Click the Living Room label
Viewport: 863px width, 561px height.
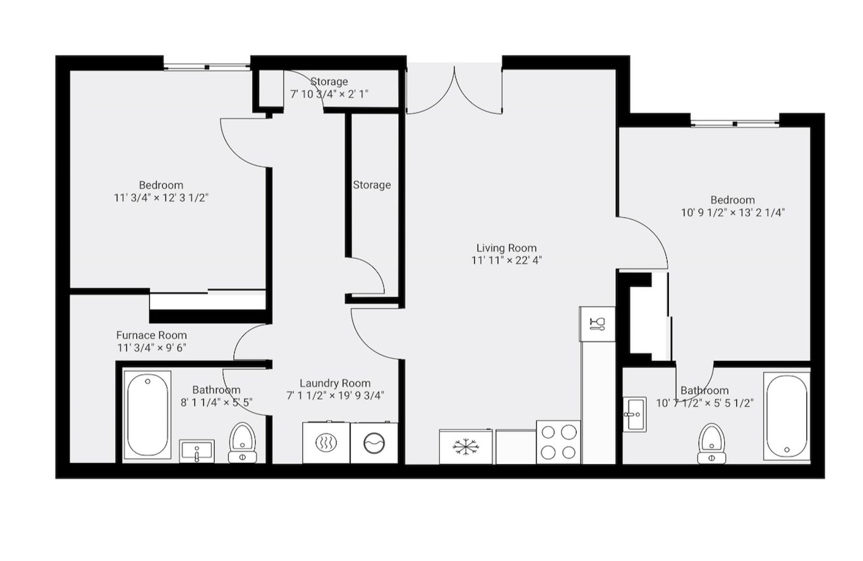tap(506, 248)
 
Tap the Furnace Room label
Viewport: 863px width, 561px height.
tap(151, 335)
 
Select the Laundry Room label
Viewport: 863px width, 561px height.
tap(335, 383)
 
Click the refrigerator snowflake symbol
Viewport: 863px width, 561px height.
tap(464, 447)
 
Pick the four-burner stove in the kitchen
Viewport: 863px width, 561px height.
tap(558, 442)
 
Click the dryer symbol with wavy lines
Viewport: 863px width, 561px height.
tap(327, 443)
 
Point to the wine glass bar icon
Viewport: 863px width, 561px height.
tap(597, 324)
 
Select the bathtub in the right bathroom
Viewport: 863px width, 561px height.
tap(787, 416)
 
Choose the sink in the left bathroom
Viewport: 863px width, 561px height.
tap(197, 451)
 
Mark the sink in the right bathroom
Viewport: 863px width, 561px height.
tap(634, 414)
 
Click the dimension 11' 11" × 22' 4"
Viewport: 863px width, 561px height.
tap(506, 261)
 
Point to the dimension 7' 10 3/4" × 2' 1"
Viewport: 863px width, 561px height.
tap(329, 94)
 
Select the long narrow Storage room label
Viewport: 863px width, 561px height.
tap(372, 185)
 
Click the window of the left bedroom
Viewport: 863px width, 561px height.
tap(207, 66)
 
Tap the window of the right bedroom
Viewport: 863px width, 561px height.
tap(735, 123)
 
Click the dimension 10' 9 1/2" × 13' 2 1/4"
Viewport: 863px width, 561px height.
tap(733, 212)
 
